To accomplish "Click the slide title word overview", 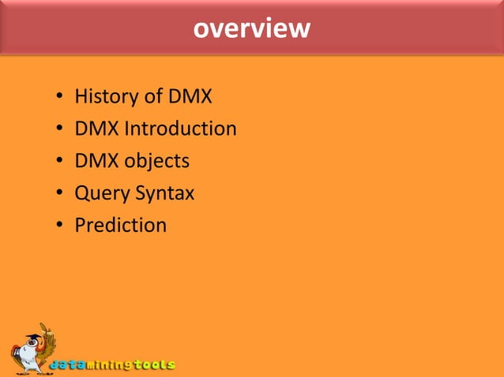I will [x=252, y=29].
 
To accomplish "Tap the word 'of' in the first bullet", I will [x=153, y=97].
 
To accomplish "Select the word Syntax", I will [x=163, y=193].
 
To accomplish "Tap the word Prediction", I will [x=121, y=225].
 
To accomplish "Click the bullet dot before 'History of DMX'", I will [x=59, y=99].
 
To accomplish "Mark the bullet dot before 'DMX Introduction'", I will [x=59, y=130].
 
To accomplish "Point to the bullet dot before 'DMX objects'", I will [x=59, y=162].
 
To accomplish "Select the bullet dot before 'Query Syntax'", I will [x=59, y=194].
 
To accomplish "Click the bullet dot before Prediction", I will [x=59, y=226].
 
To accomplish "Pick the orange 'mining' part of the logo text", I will [x=106, y=365].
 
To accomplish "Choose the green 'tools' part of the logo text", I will [x=153, y=365].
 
